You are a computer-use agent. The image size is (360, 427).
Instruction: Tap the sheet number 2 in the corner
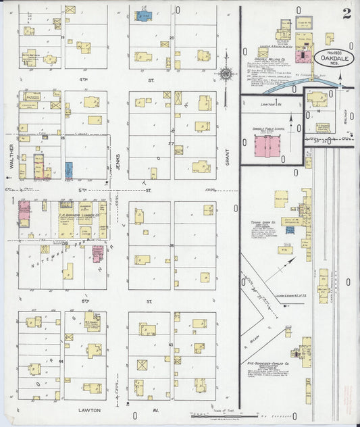tap(346, 14)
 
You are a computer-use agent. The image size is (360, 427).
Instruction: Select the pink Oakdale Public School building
tap(263, 145)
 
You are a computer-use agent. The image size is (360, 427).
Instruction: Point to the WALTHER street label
tap(11, 156)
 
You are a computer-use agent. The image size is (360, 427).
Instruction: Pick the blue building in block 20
tap(144, 14)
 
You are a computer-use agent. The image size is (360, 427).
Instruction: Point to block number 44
tap(61, 361)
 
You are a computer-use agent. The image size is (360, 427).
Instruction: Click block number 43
tap(172, 345)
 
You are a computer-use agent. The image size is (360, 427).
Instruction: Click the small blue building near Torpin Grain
tap(290, 230)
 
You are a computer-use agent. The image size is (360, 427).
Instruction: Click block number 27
tap(172, 144)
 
